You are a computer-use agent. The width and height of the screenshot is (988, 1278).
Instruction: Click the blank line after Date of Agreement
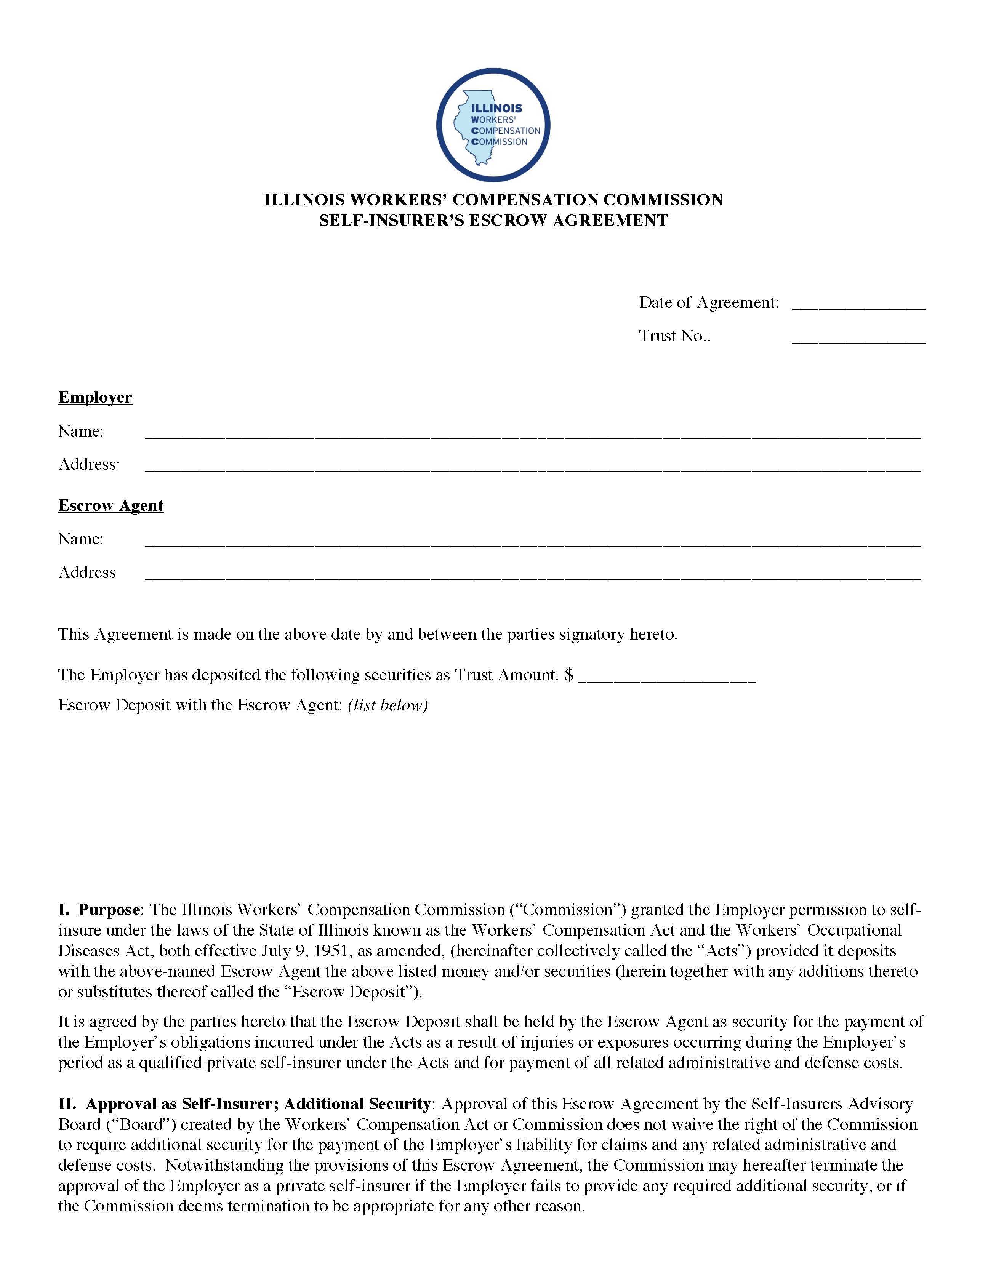pyautogui.click(x=858, y=304)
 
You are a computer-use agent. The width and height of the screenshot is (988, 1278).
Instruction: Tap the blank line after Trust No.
pyautogui.click(x=858, y=337)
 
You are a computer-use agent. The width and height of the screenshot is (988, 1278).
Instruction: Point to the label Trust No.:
pyautogui.click(x=674, y=336)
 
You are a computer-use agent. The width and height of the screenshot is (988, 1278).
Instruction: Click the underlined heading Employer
pyautogui.click(x=95, y=397)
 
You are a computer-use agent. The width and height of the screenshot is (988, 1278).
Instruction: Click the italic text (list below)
pyautogui.click(x=388, y=705)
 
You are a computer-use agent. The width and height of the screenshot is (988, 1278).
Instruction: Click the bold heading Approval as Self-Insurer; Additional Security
pyautogui.click(x=258, y=1104)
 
